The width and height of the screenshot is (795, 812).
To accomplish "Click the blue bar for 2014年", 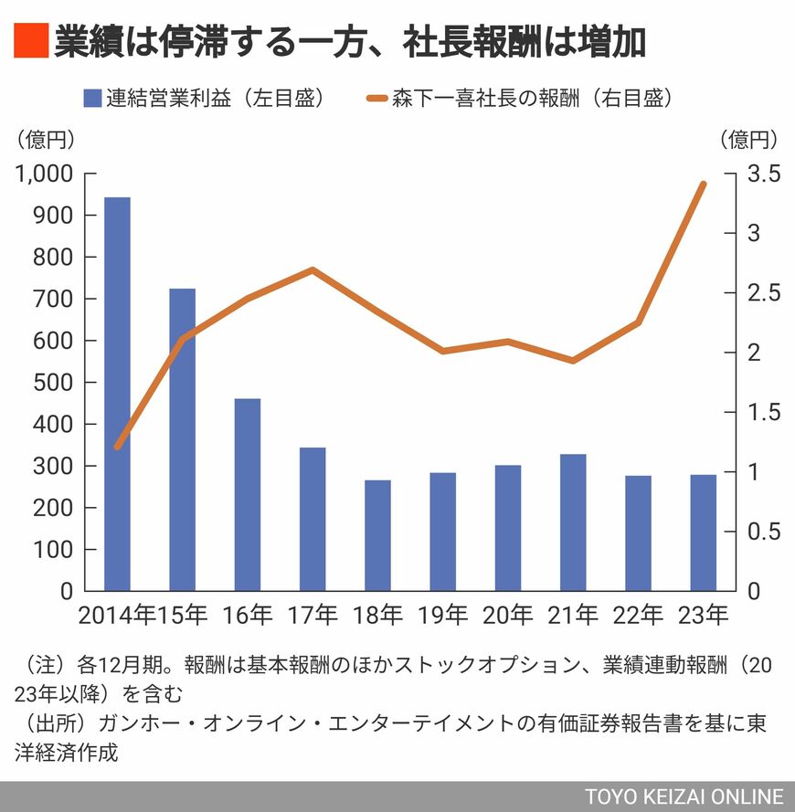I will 117,394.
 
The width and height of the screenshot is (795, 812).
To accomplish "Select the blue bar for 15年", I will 182,439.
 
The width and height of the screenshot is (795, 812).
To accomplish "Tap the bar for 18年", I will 377,535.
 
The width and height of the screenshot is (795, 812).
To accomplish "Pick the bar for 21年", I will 573,522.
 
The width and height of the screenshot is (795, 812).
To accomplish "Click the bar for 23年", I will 703,533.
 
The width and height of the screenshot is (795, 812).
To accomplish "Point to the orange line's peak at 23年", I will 703,184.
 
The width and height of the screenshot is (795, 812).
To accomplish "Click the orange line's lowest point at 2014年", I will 117,447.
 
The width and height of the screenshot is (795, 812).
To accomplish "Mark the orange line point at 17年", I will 313,269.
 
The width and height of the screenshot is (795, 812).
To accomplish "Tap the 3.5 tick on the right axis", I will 761,174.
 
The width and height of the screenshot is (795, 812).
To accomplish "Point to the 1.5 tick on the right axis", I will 761,413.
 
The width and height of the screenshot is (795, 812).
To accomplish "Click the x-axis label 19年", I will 442,616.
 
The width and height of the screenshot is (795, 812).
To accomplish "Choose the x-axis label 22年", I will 638,616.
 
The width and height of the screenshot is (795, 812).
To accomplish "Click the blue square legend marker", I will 92,99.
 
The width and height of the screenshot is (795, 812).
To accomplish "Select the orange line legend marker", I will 376,99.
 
